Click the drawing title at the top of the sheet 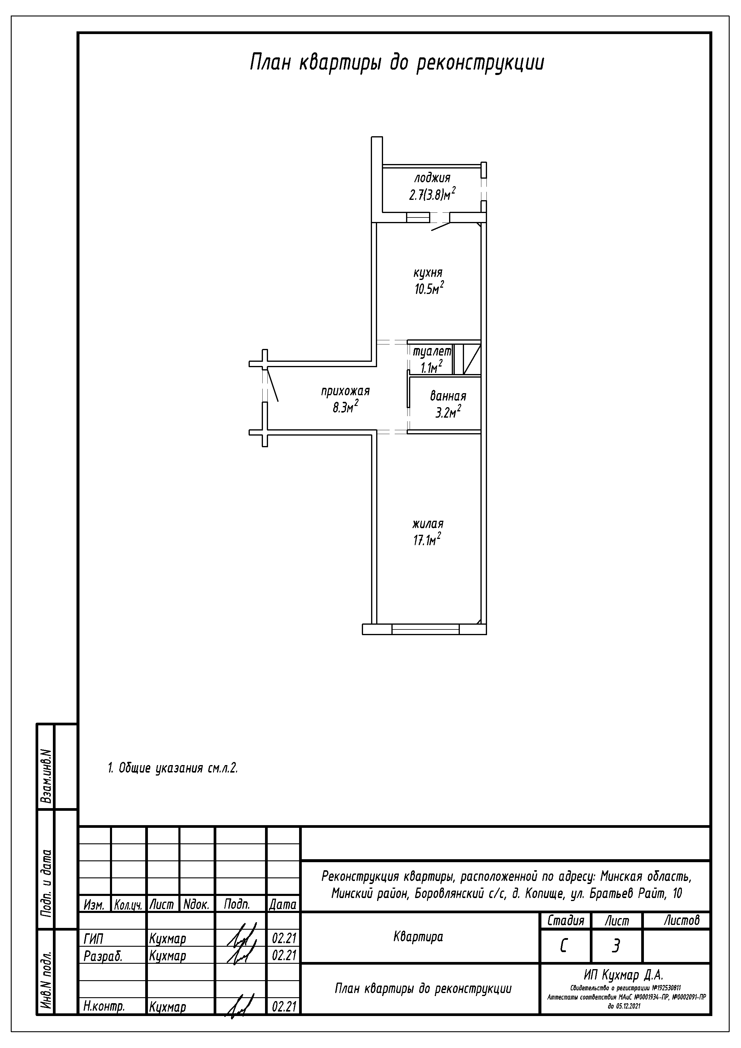(397, 62)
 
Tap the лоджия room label (432, 177)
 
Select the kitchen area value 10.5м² (429, 289)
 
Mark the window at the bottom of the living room (425, 629)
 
